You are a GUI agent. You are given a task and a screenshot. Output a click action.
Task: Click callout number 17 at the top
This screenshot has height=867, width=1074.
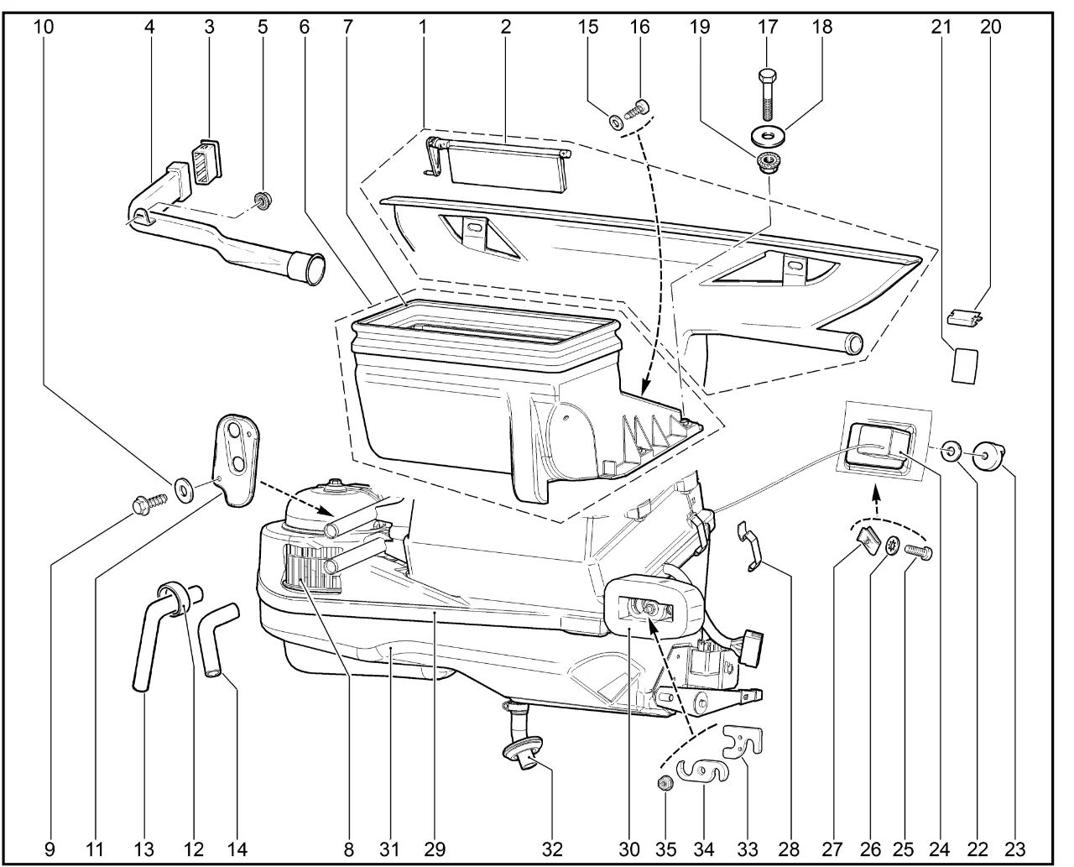point(768,27)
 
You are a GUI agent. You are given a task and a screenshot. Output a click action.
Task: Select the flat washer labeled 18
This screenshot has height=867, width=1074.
point(768,135)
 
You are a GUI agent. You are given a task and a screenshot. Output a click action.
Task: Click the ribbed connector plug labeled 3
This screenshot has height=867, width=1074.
point(205,159)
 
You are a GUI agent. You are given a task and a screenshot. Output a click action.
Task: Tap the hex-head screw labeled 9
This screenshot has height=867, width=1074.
point(142,504)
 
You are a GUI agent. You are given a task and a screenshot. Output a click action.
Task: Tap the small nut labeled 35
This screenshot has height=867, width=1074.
point(665,783)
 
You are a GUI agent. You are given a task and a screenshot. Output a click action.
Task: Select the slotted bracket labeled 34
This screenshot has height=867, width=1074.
point(701,770)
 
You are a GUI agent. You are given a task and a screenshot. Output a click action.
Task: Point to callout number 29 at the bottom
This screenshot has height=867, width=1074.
point(434,849)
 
